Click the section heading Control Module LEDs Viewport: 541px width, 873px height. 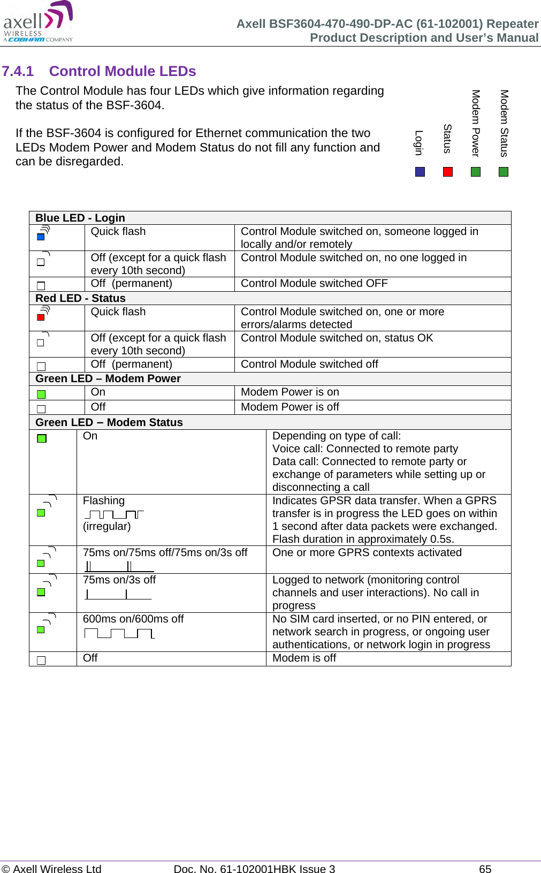[x=122, y=71]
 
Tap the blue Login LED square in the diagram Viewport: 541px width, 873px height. [x=420, y=172]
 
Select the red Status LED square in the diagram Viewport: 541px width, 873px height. [x=448, y=172]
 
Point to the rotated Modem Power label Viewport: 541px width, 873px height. [x=475, y=123]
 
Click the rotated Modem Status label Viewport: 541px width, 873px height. [x=504, y=123]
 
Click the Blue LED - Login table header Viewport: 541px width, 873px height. [x=80, y=218]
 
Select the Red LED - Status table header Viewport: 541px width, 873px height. [x=80, y=298]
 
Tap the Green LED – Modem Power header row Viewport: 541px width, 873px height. [x=108, y=378]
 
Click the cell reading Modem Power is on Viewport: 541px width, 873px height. [x=289, y=392]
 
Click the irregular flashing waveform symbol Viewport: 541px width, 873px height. [x=114, y=514]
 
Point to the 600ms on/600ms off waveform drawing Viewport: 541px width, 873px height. [x=119, y=634]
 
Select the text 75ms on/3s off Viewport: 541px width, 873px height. [x=119, y=580]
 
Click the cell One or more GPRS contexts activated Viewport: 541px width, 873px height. [x=367, y=553]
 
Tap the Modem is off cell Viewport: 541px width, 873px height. [x=304, y=658]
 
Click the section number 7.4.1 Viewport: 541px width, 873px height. [x=18, y=71]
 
